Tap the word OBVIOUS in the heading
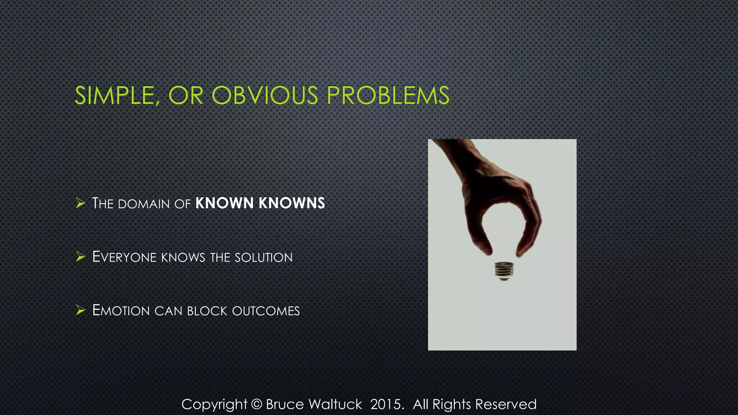point(265,95)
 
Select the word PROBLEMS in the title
point(388,95)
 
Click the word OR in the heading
point(186,95)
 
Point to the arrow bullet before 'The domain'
point(80,203)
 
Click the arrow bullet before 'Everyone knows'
point(80,257)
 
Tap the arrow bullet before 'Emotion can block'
point(80,310)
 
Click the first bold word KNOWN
point(224,203)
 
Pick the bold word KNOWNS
point(292,203)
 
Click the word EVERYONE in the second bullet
point(124,257)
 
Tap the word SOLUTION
point(263,258)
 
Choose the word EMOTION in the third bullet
point(121,311)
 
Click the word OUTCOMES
point(266,311)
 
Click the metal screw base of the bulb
point(504,271)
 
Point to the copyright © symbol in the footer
point(256,404)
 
